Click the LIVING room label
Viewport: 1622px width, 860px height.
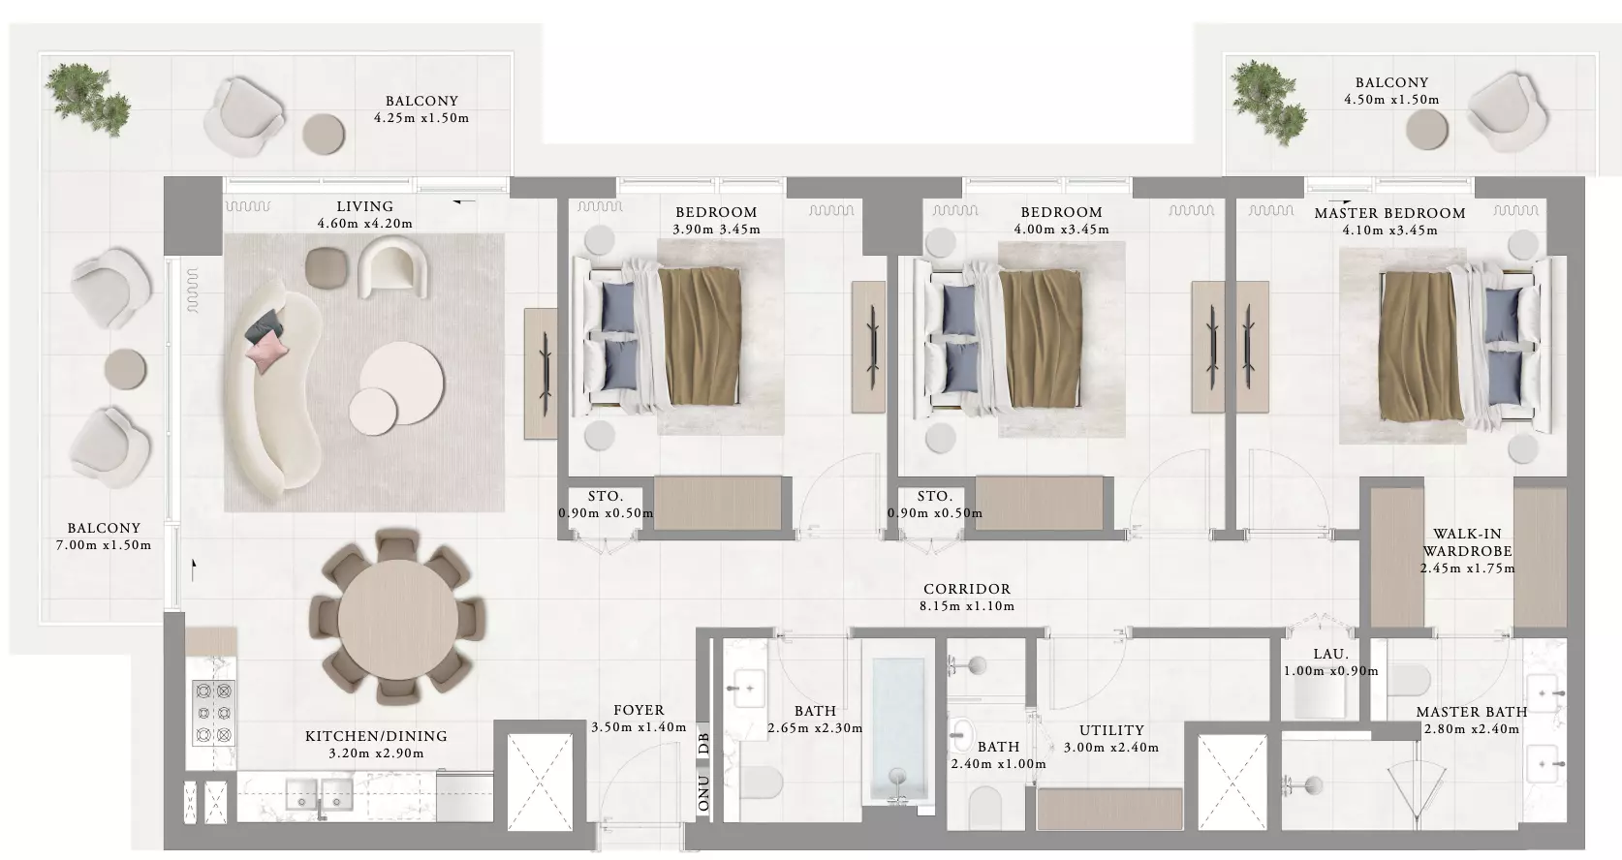click(x=365, y=207)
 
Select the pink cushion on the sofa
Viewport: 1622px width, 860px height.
click(x=266, y=350)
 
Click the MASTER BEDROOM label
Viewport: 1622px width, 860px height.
click(x=1389, y=214)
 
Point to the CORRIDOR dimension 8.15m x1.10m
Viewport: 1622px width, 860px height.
click(x=967, y=606)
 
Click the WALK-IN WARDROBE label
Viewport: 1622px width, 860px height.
click(x=1467, y=542)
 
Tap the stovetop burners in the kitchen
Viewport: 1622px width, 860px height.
click(x=213, y=713)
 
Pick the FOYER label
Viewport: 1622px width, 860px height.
click(x=639, y=710)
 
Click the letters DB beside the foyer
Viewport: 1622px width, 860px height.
click(x=703, y=744)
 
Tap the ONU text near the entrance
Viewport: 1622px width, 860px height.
click(x=703, y=792)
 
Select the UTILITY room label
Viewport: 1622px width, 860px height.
click(x=1111, y=730)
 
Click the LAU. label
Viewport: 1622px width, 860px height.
click(x=1331, y=654)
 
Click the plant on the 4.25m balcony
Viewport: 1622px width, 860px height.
click(x=87, y=99)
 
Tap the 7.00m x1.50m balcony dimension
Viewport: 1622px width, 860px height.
click(x=104, y=545)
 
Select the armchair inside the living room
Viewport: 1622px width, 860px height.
click(x=391, y=266)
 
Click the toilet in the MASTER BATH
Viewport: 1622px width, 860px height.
click(x=1409, y=680)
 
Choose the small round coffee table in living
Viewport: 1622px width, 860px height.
click(x=373, y=412)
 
